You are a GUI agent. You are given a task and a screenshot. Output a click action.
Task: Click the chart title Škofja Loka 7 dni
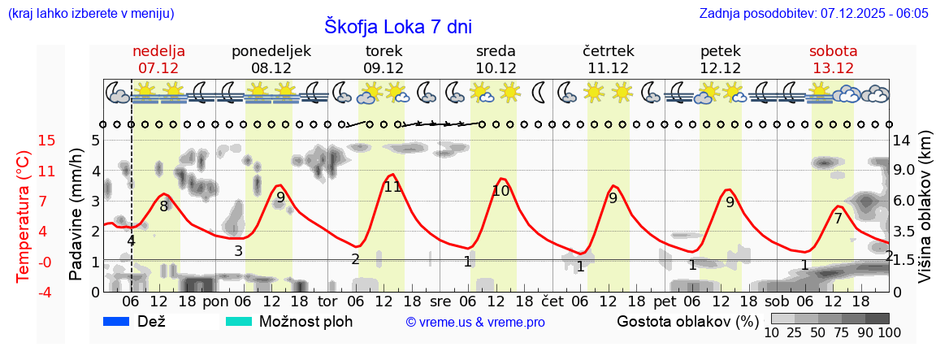pyautogui.click(x=397, y=27)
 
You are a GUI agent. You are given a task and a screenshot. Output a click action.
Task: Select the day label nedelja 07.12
pyautogui.click(x=159, y=59)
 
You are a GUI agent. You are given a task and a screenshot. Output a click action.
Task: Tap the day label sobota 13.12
pyautogui.click(x=833, y=59)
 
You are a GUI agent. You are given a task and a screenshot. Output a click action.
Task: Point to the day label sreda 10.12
pyautogui.click(x=496, y=59)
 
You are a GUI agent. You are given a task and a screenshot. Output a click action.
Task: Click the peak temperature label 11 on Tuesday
pyautogui.click(x=392, y=187)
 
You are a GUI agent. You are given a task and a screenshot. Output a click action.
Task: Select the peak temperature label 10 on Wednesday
pyautogui.click(x=500, y=192)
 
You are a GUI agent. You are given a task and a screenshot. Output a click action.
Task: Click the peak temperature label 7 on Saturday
pyautogui.click(x=838, y=218)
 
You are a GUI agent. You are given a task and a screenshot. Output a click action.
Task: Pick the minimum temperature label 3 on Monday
pyautogui.click(x=238, y=251)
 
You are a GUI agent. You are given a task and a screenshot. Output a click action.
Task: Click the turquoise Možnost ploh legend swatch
pyautogui.click(x=239, y=322)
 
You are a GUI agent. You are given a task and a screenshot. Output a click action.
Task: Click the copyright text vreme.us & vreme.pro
pyautogui.click(x=475, y=323)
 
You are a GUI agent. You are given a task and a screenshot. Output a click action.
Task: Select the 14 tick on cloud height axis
pyautogui.click(x=903, y=141)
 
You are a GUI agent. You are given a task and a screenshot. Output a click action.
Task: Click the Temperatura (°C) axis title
pyautogui.click(x=24, y=216)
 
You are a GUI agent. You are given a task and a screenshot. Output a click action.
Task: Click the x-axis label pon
pyautogui.click(x=215, y=301)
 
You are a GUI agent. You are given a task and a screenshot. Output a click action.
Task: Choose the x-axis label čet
pyautogui.click(x=552, y=301)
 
